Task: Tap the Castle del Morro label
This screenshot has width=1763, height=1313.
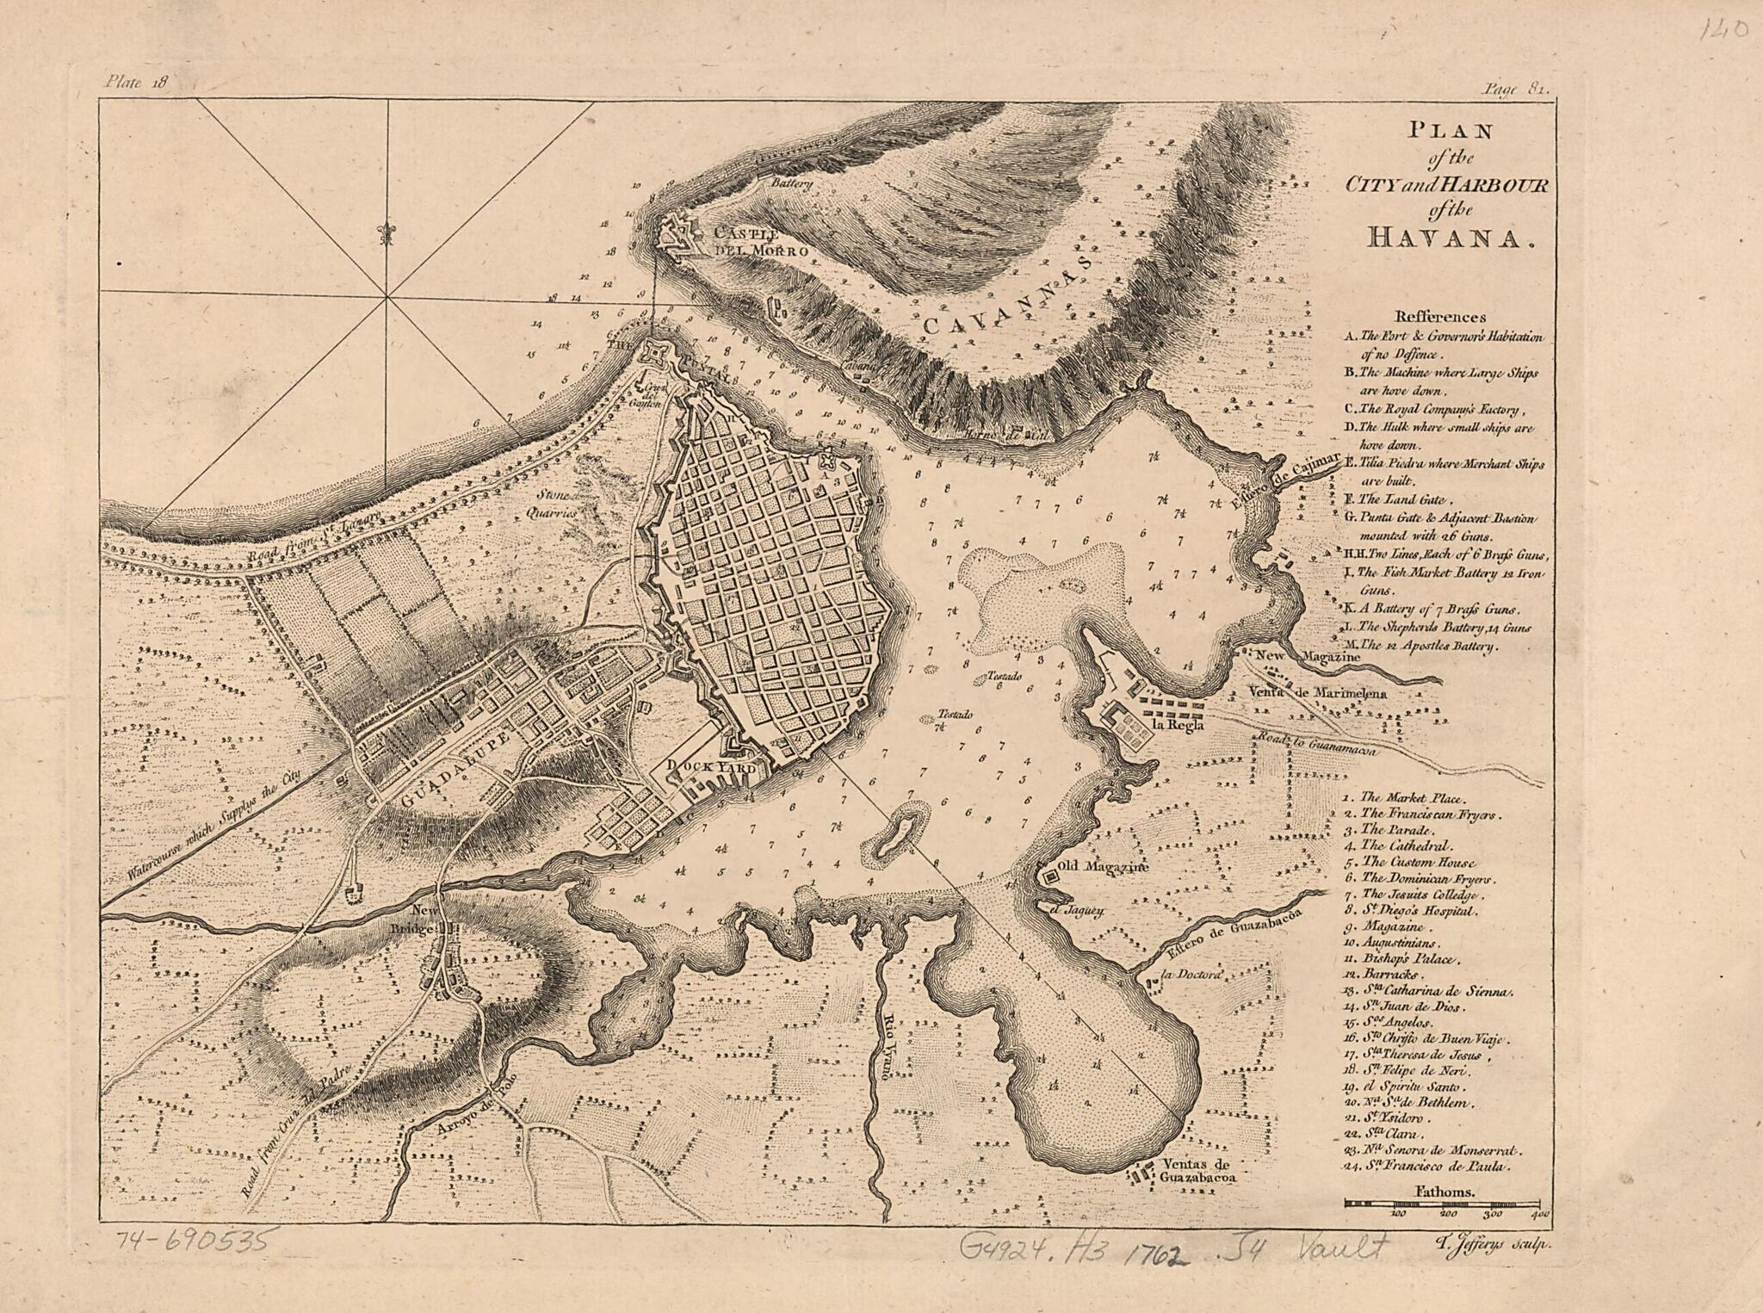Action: [758, 243]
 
